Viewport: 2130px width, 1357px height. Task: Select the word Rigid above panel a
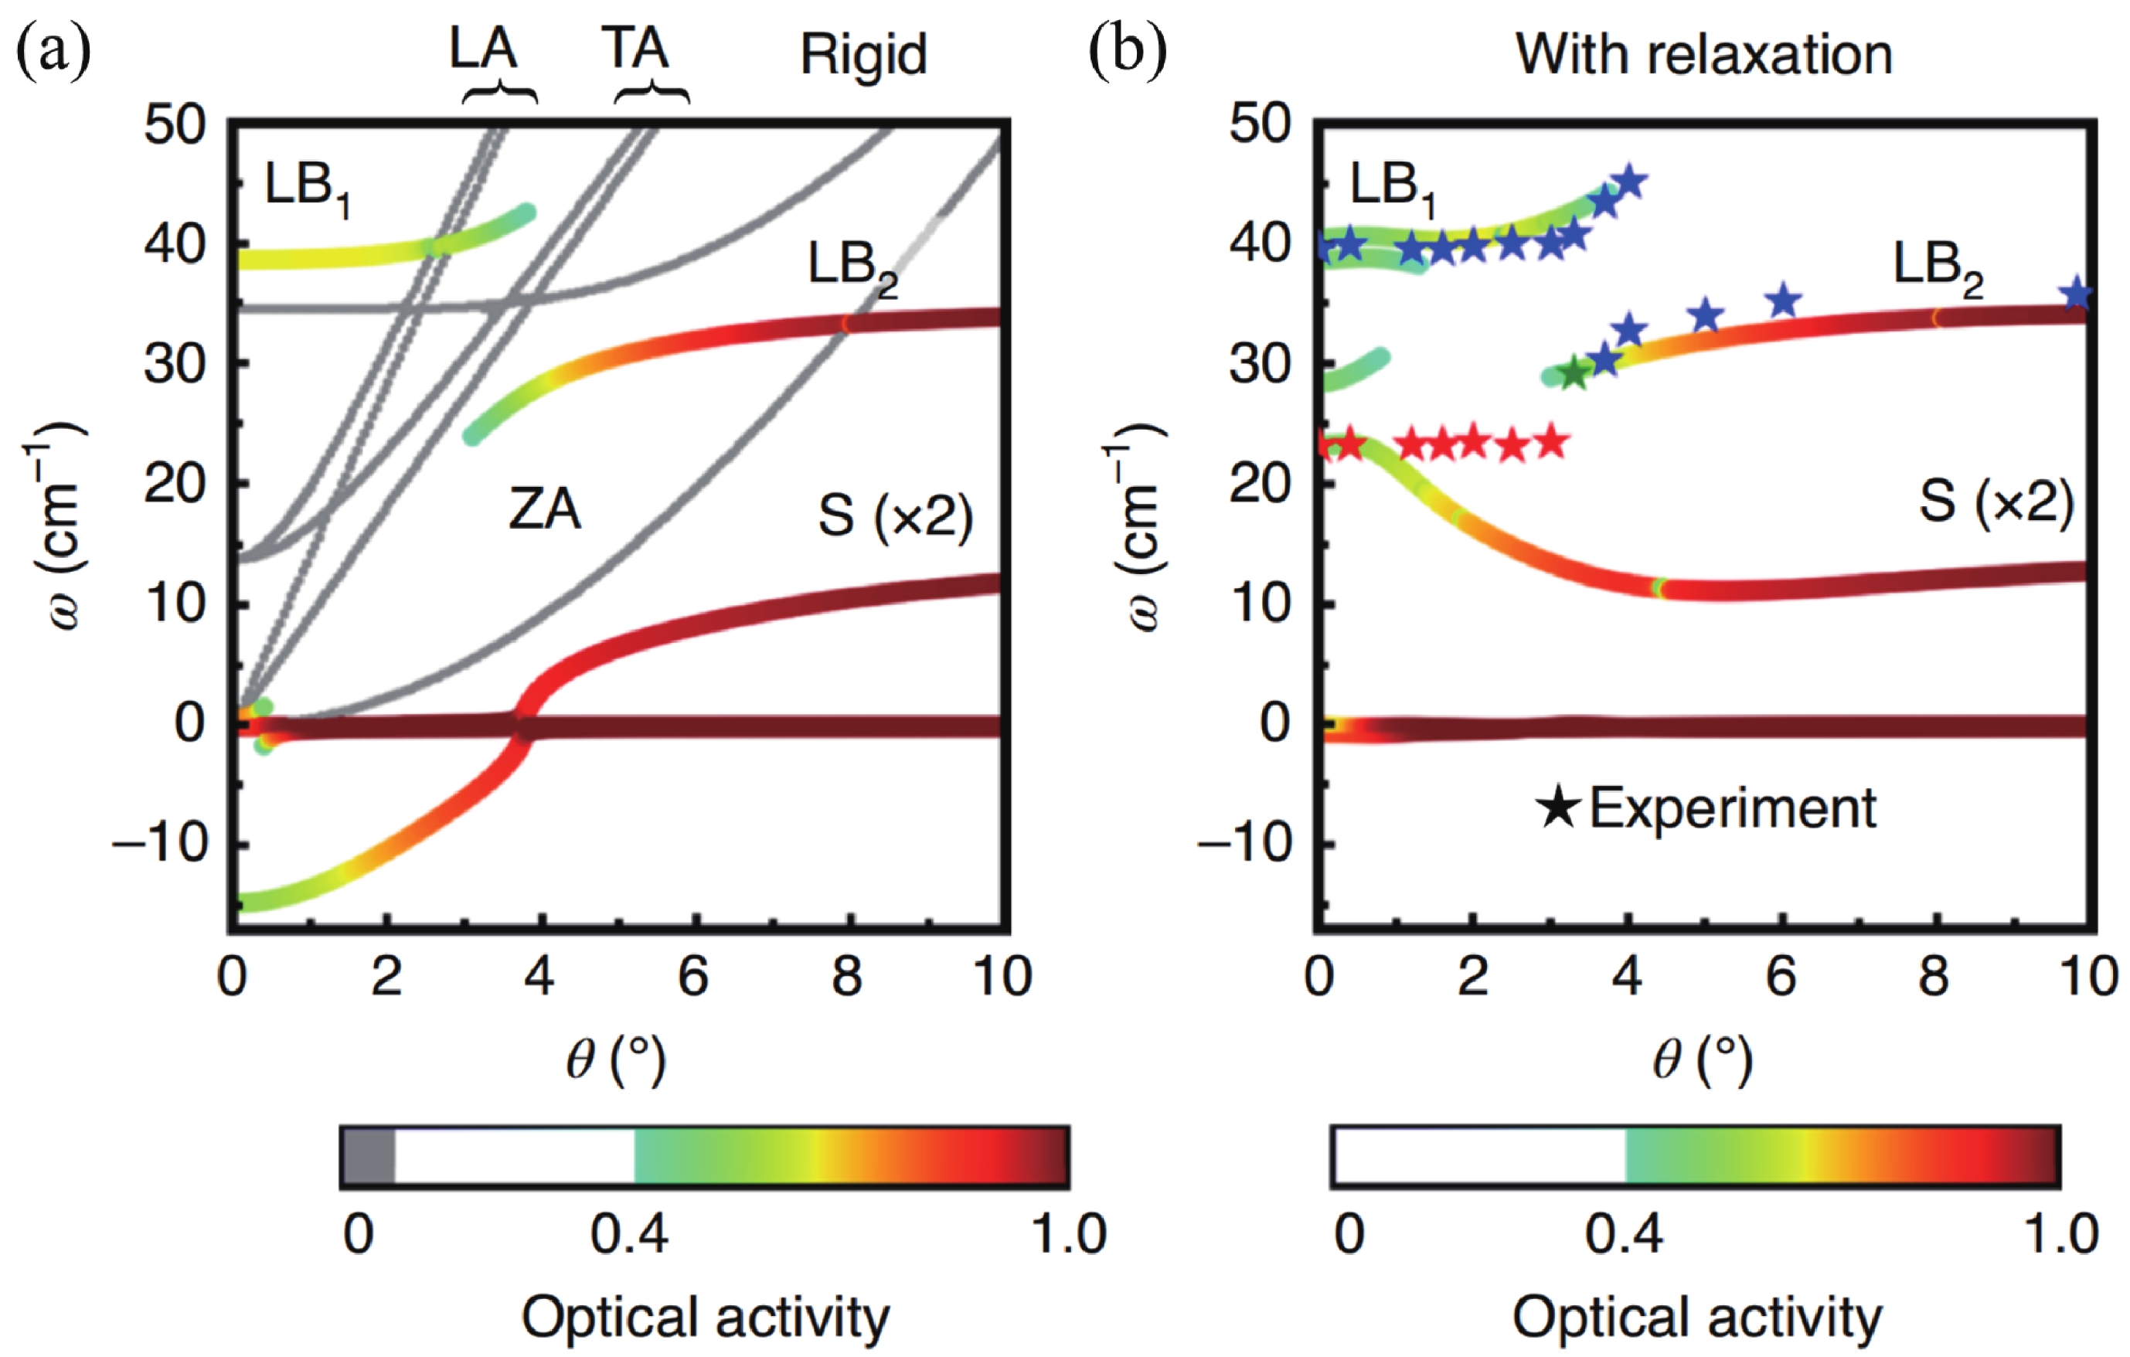(863, 55)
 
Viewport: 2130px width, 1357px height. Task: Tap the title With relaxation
(1703, 55)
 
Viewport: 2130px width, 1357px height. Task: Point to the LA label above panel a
(483, 49)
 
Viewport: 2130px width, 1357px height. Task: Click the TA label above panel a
(635, 49)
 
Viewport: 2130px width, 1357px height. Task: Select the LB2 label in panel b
(1937, 267)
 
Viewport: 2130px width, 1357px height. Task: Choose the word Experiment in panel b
(1733, 807)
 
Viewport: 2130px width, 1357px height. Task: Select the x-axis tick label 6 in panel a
(693, 977)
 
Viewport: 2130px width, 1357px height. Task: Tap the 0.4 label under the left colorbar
(629, 1233)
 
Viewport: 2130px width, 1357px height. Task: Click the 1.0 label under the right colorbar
(2061, 1233)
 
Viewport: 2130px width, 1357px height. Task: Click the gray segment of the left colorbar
(368, 1156)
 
